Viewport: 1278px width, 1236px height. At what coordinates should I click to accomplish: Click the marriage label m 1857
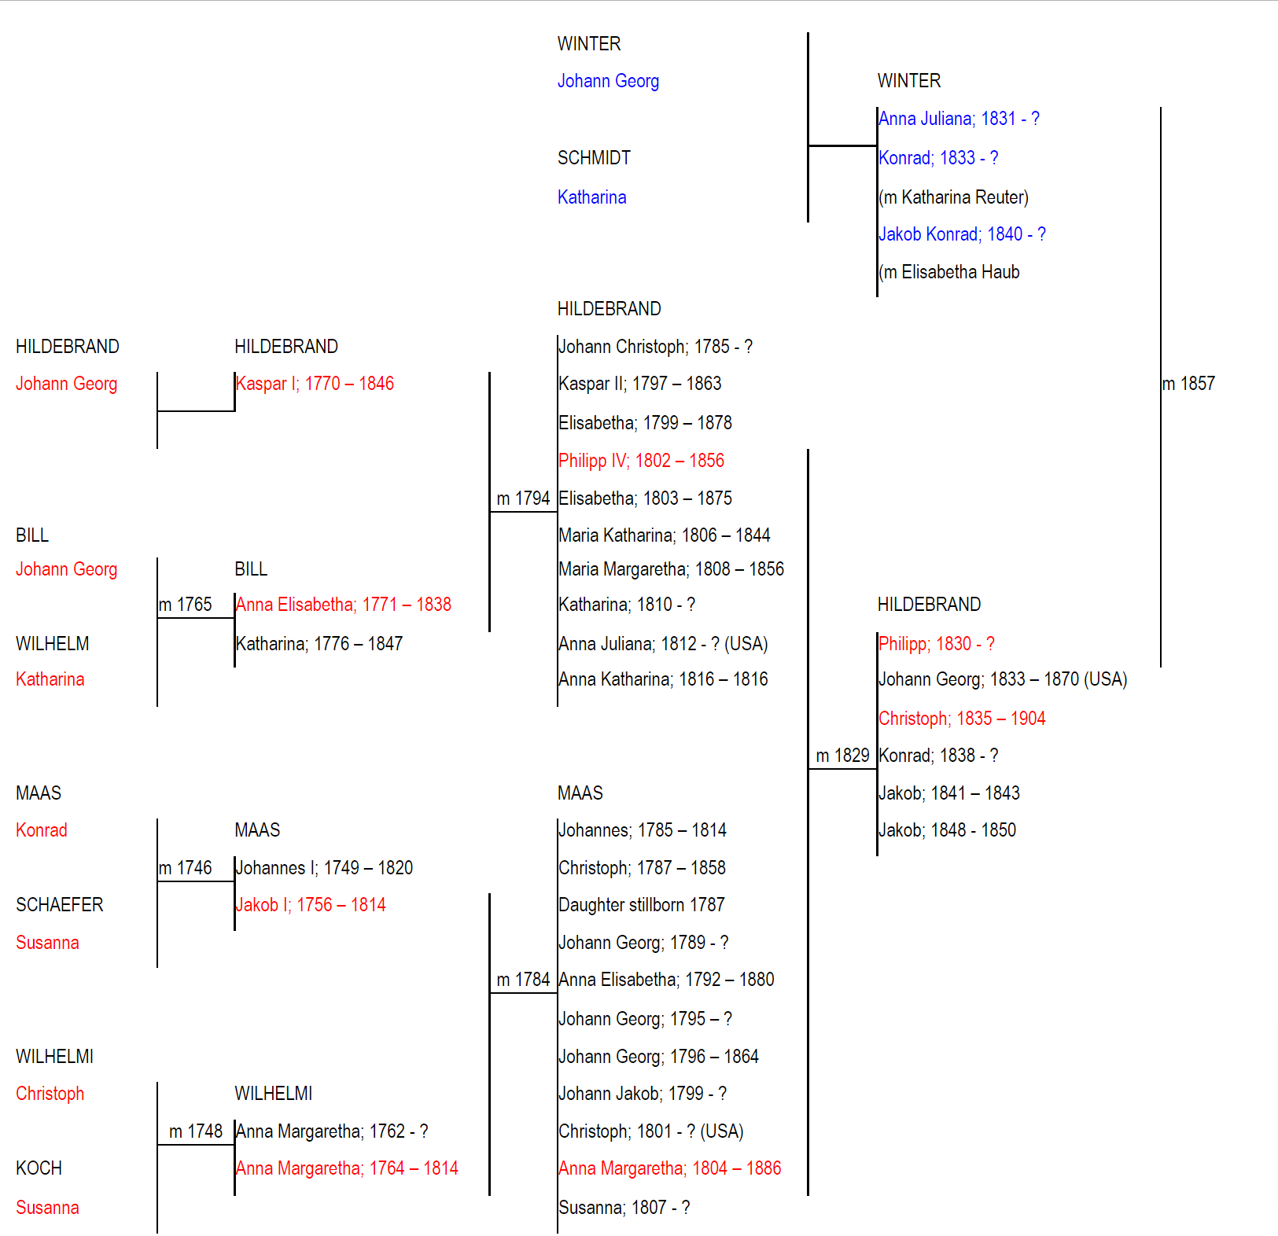pyautogui.click(x=1188, y=384)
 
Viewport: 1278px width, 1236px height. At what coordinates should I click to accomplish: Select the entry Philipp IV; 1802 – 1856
pyautogui.click(x=641, y=461)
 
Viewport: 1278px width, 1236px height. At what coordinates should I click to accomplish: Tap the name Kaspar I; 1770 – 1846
pyautogui.click(x=315, y=384)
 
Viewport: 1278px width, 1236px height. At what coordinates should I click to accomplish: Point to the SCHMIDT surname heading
pyautogui.click(x=594, y=158)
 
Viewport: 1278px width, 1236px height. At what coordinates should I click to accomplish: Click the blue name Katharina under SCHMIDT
pyautogui.click(x=592, y=197)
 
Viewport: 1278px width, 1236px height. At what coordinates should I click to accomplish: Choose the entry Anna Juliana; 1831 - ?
pyautogui.click(x=959, y=119)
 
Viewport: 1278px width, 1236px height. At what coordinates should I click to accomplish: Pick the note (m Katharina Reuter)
pyautogui.click(x=953, y=197)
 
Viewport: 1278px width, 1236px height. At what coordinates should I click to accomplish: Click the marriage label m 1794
pyautogui.click(x=523, y=498)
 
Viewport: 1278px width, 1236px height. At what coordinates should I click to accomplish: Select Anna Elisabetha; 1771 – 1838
pyautogui.click(x=344, y=605)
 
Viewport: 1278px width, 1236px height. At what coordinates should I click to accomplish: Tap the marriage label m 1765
pyautogui.click(x=186, y=605)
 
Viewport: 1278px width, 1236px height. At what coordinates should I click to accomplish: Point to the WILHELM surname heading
pyautogui.click(x=53, y=644)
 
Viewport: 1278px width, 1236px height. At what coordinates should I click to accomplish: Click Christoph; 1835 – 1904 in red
pyautogui.click(x=962, y=719)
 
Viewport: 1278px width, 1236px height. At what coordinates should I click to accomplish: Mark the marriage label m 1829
pyautogui.click(x=842, y=756)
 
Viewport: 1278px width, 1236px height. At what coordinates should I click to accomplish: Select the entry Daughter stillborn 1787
pyautogui.click(x=642, y=905)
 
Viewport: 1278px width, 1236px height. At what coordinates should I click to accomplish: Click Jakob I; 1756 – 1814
pyautogui.click(x=311, y=905)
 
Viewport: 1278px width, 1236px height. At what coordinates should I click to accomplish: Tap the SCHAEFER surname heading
pyautogui.click(x=60, y=905)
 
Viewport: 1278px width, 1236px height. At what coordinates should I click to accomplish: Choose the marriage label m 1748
pyautogui.click(x=196, y=1131)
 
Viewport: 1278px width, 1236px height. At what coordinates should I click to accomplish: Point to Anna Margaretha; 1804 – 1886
pyautogui.click(x=670, y=1168)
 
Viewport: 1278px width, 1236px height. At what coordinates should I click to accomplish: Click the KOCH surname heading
pyautogui.click(x=39, y=1168)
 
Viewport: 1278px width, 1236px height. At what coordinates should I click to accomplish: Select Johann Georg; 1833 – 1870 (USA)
pyautogui.click(x=1003, y=679)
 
